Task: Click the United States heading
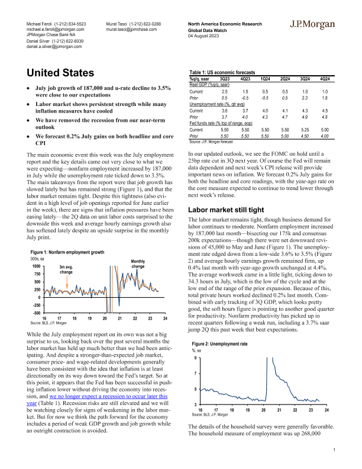pyautogui.click(x=63, y=73)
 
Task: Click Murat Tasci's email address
pyautogui.click(x=131, y=28)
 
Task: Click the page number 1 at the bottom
pyautogui.click(x=335, y=451)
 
